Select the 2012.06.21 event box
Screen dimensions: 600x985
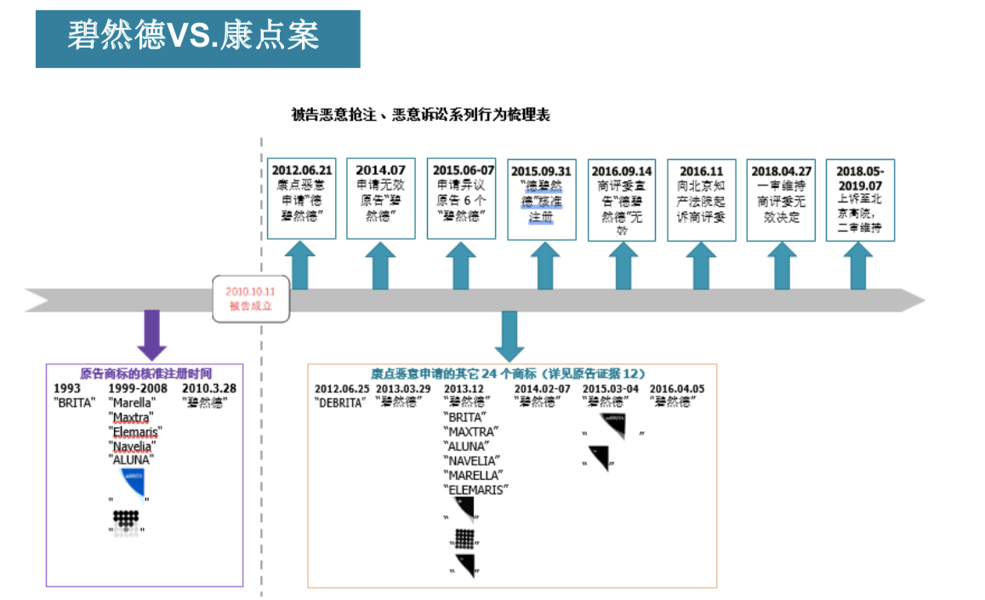tap(301, 198)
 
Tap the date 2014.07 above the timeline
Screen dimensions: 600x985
tap(380, 170)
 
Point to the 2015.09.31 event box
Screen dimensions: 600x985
tap(541, 198)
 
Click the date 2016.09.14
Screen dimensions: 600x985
tap(622, 171)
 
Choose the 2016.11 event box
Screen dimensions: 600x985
tap(701, 199)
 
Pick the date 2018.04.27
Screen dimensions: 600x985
tap(781, 170)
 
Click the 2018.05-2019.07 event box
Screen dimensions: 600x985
tap(860, 199)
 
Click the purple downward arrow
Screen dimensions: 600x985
tap(151, 334)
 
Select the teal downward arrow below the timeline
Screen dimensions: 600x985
tap(510, 335)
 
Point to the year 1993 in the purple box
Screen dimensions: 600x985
tap(67, 388)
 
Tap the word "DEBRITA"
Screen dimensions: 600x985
tap(340, 403)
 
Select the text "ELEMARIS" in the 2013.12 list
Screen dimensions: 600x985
tap(475, 489)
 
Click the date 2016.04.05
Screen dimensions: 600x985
tap(677, 389)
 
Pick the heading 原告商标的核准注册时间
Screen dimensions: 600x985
tap(145, 374)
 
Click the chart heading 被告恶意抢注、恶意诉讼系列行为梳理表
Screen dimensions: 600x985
tap(420, 115)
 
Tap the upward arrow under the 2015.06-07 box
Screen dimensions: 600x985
tap(460, 266)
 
